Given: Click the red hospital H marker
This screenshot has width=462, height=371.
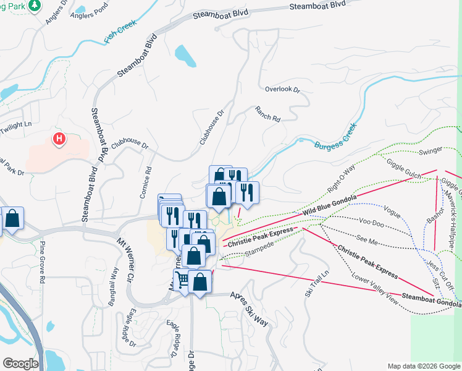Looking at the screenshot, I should pyautogui.click(x=59, y=139).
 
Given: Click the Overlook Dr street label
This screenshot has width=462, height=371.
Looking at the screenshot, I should pyautogui.click(x=282, y=90).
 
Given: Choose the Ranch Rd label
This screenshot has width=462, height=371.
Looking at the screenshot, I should pyautogui.click(x=267, y=113).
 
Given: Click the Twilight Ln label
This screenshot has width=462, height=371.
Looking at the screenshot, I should pyautogui.click(x=15, y=124).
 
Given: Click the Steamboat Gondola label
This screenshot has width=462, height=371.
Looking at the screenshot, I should pyautogui.click(x=430, y=300).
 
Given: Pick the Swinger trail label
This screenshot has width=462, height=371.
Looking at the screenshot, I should pyautogui.click(x=430, y=151).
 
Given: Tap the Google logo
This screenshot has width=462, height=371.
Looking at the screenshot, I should pyautogui.click(x=21, y=363).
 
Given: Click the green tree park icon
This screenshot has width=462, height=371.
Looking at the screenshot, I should pyautogui.click(x=36, y=5).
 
